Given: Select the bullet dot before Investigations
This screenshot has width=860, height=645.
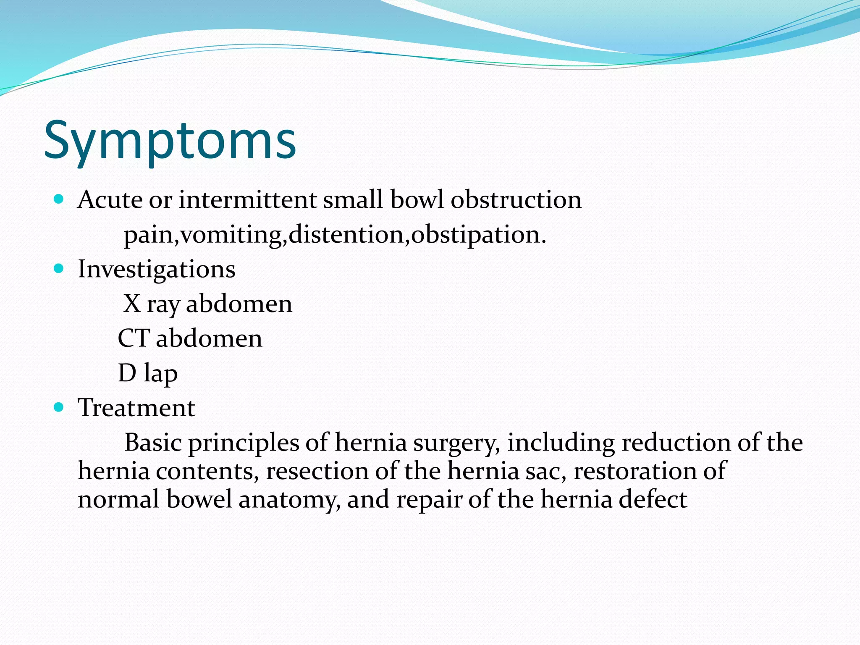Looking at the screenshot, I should coord(59,268).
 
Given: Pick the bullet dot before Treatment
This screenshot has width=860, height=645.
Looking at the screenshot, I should coord(59,407).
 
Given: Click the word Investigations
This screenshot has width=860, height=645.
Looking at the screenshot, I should coord(157,270).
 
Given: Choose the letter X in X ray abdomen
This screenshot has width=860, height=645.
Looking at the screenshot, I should coord(132,304).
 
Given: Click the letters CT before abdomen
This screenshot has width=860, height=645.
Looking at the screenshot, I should coord(134,338).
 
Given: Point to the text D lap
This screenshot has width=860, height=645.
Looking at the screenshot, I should coord(148,373).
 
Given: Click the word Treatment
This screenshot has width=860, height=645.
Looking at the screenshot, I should coord(136,408).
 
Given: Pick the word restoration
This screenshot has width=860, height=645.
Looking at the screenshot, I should coord(634,471).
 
